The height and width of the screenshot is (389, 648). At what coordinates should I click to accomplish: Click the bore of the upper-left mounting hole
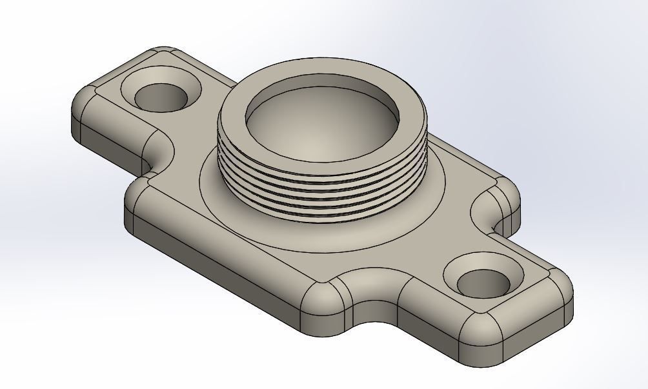161,99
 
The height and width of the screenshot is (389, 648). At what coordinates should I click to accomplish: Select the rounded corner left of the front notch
323,303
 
